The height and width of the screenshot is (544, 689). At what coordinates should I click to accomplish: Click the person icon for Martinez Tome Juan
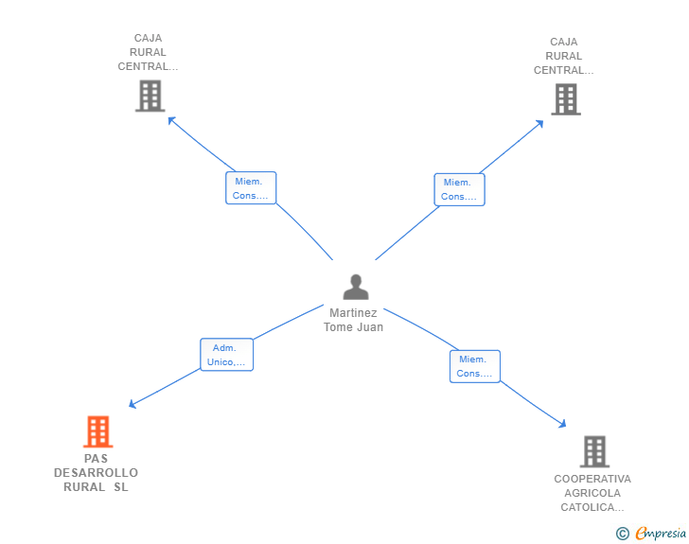[356, 287]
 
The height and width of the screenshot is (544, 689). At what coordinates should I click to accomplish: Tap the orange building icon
[98, 431]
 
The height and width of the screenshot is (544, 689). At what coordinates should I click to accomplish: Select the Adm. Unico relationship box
[227, 355]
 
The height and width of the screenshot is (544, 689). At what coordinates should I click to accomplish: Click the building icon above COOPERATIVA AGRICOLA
[594, 451]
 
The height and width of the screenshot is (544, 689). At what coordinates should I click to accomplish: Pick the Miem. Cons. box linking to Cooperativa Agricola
[475, 366]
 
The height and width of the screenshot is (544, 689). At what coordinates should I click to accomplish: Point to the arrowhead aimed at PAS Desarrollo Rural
[132, 404]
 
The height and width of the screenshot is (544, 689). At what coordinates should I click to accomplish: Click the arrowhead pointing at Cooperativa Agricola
[562, 424]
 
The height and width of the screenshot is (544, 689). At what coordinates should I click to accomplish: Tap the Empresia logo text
[661, 533]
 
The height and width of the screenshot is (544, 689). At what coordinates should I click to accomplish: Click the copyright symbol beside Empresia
[623, 534]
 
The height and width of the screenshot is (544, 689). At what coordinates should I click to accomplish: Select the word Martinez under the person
[353, 313]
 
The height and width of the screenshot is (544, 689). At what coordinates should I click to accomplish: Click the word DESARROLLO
[97, 473]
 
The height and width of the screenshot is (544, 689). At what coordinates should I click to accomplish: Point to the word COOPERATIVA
[592, 479]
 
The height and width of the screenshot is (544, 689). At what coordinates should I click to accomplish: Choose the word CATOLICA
[592, 507]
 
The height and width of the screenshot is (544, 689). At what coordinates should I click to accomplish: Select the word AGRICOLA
[592, 493]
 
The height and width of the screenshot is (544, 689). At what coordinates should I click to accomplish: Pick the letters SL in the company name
[121, 487]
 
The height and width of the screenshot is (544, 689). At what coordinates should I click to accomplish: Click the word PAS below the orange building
[96, 459]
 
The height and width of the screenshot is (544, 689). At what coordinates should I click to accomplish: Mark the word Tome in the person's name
[339, 327]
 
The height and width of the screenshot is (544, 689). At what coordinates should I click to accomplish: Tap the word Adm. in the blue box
[224, 348]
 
